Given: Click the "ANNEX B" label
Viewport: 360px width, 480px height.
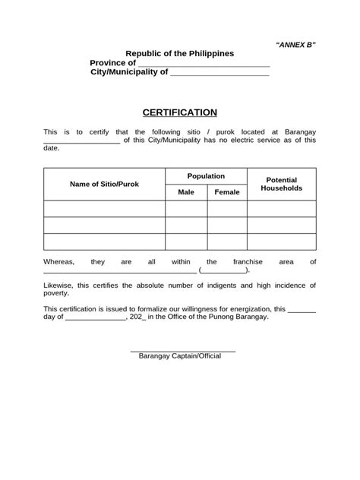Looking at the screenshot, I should [295, 45].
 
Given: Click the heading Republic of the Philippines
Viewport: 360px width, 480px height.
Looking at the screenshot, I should [180, 53].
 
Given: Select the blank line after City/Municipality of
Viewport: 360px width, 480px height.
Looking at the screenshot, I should [219, 75].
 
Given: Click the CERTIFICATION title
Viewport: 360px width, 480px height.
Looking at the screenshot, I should [179, 112].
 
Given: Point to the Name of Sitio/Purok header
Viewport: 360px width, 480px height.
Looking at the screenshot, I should [104, 184].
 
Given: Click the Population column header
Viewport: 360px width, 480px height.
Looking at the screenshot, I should [206, 175].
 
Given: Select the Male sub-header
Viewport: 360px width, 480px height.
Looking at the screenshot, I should [186, 192].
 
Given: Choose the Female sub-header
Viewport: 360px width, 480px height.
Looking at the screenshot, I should [227, 192].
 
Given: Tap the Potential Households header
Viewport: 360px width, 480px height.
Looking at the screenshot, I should [281, 184].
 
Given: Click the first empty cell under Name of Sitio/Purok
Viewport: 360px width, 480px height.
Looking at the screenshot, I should [104, 209].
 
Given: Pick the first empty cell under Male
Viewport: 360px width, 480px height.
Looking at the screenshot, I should [186, 209].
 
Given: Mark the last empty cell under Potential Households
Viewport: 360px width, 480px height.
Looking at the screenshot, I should [281, 242].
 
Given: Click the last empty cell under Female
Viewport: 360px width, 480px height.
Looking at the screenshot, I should [227, 242].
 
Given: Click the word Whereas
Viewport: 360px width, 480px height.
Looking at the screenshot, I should [59, 261].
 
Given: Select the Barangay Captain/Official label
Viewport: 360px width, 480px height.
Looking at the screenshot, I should [180, 355].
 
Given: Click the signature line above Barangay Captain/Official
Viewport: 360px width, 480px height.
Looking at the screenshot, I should [183, 350].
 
